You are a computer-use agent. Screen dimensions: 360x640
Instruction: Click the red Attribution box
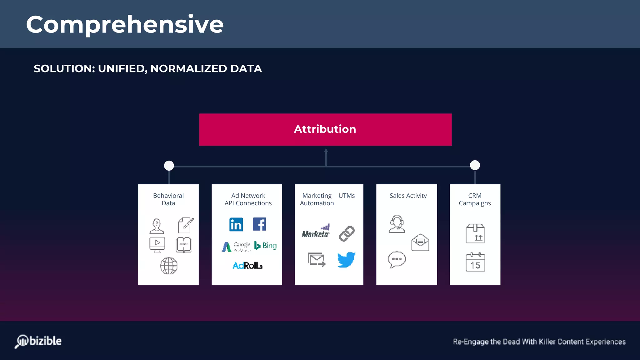(325, 129)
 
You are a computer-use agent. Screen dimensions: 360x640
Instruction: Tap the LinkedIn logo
(236, 224)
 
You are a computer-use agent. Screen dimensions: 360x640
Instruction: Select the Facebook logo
(259, 224)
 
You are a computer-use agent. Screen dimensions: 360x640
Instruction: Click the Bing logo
(266, 246)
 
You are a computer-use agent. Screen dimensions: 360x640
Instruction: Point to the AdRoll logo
(247, 265)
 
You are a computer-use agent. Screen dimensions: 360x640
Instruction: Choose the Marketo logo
(316, 232)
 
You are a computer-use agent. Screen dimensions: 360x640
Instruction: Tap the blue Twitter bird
(346, 259)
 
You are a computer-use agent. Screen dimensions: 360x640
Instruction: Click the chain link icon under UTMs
(347, 233)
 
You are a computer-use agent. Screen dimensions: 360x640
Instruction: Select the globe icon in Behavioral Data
(169, 266)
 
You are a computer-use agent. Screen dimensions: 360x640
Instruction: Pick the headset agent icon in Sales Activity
(397, 224)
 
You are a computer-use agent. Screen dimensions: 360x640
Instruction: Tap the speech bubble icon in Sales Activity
(397, 259)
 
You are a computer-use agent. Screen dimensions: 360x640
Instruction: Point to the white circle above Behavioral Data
(169, 165)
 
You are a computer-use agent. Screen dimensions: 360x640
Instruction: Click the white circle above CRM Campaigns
(475, 165)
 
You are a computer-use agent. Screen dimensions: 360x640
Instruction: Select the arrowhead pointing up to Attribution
(326, 151)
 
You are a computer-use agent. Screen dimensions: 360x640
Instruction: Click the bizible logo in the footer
(38, 341)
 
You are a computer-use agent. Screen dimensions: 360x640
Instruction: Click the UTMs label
(347, 196)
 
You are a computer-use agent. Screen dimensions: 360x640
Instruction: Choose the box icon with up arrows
(475, 233)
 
